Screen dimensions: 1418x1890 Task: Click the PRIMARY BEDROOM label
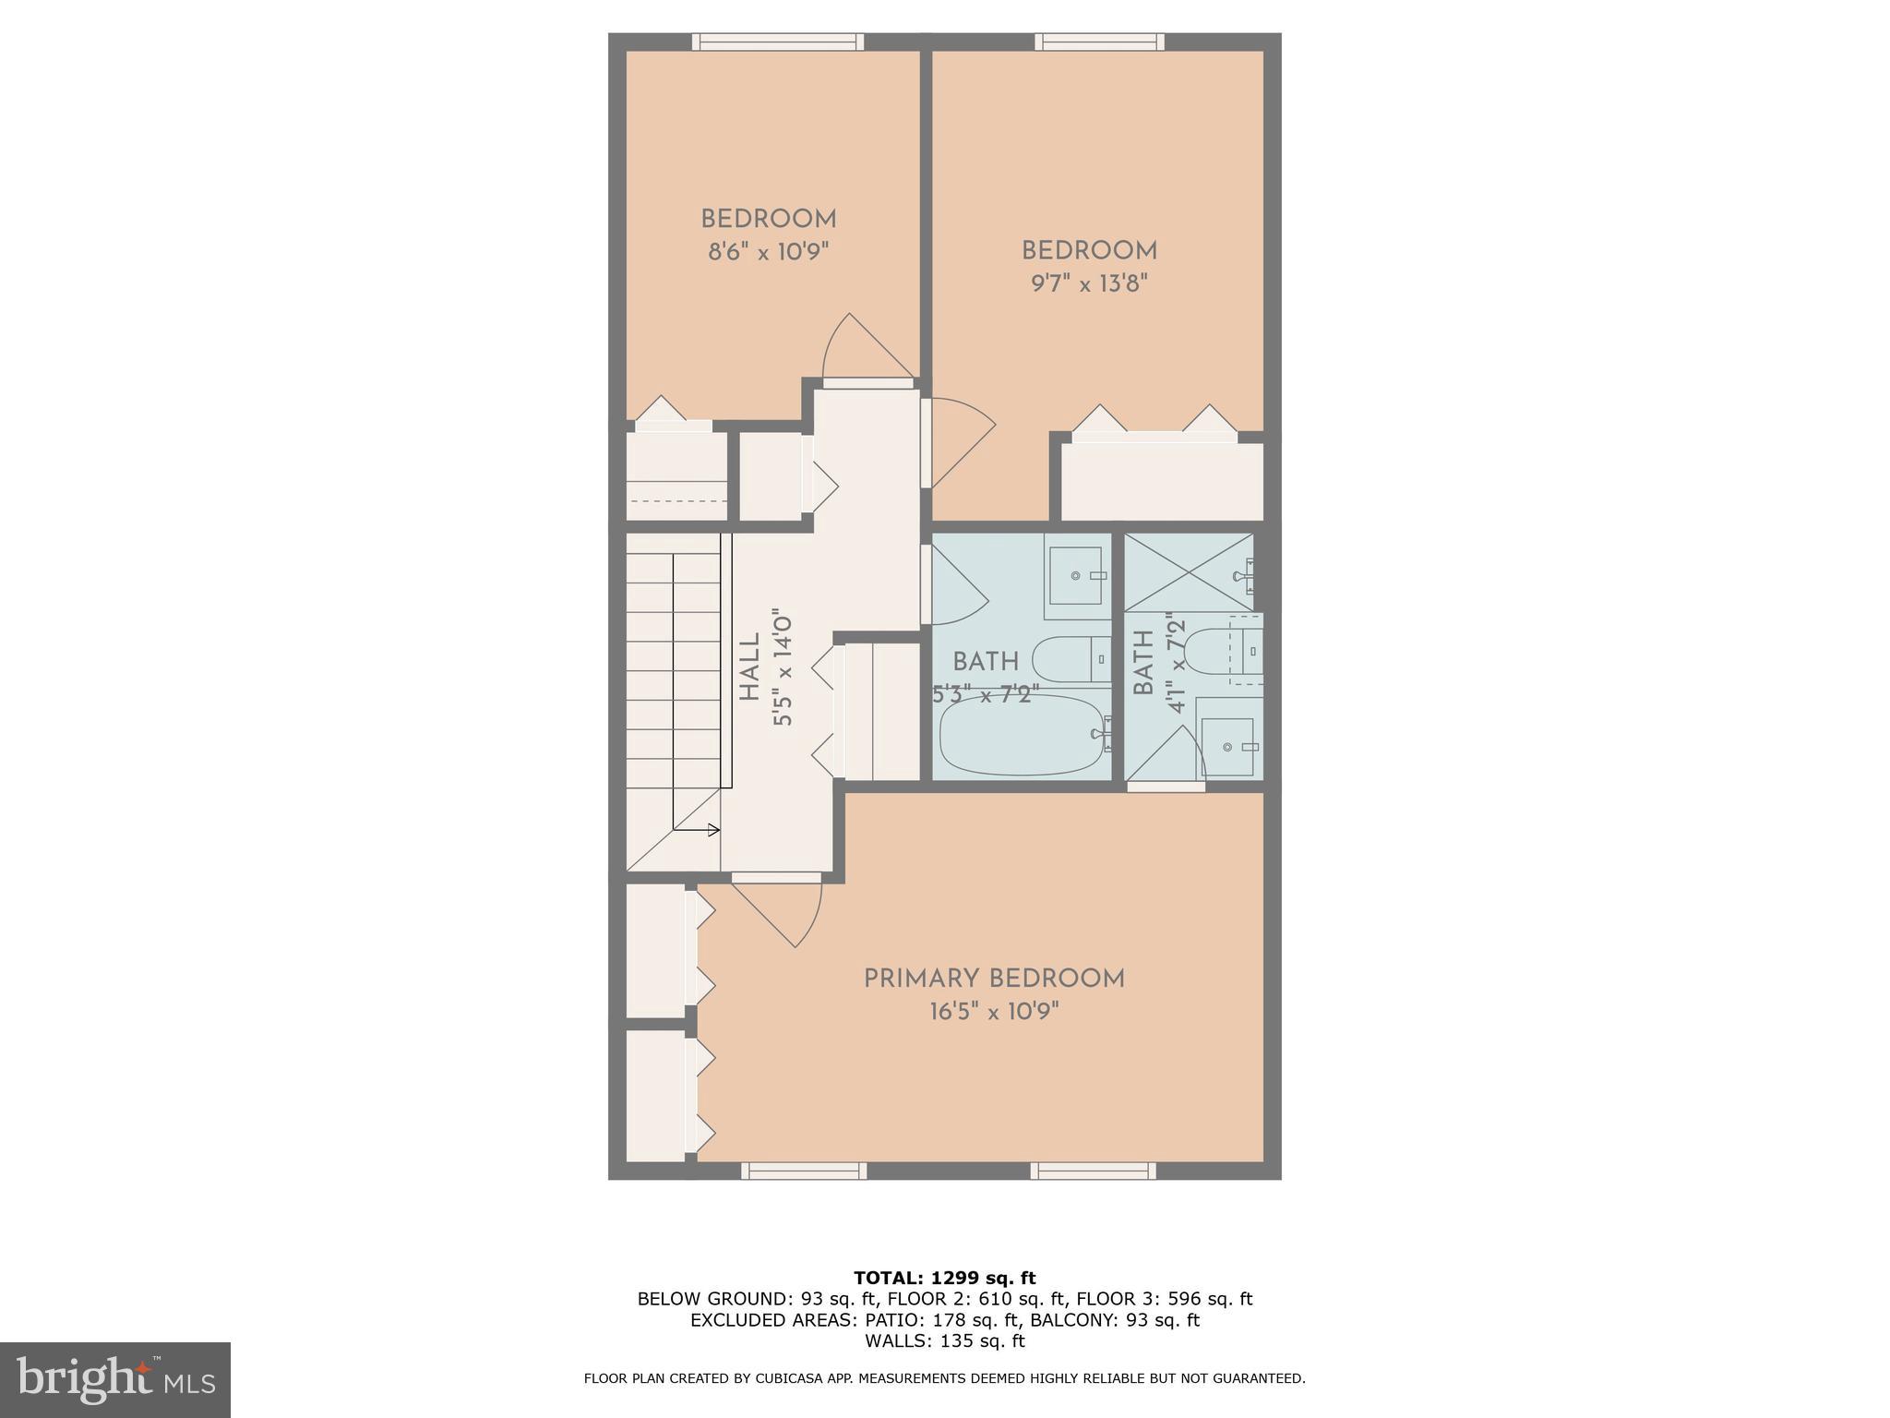994,979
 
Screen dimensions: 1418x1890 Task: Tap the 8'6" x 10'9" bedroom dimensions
769,252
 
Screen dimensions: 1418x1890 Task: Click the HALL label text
749,667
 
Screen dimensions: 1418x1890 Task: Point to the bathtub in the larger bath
1022,735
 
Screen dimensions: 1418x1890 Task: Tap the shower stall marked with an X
1189,571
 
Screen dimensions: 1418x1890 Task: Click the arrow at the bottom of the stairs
712,830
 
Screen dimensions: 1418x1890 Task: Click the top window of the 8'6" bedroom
778,42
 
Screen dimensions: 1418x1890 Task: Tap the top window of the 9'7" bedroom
1099,42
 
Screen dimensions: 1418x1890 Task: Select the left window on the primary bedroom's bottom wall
804,1171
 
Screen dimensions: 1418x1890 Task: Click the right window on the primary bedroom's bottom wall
1093,1171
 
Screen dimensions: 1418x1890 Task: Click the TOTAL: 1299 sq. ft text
944,1278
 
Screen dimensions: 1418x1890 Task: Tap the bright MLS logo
114,1379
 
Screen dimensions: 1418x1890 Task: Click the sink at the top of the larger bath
1076,576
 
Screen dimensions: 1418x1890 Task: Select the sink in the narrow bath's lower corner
1227,747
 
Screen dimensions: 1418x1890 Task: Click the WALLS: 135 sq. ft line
944,1340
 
